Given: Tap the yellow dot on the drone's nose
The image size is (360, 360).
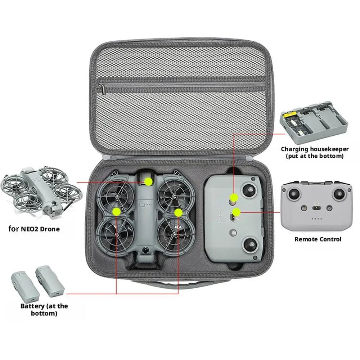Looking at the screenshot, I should coord(148,181).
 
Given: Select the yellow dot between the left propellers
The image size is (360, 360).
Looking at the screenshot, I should coord(116,211).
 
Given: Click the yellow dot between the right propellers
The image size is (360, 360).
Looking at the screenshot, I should coord(178,212).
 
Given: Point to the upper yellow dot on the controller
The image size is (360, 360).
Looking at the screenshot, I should coord(234,197).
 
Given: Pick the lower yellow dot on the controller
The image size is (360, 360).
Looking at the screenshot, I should coord(237,212).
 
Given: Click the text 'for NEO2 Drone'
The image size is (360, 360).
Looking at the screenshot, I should coord(34,229).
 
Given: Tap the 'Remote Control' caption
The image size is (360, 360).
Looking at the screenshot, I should coord(318,239).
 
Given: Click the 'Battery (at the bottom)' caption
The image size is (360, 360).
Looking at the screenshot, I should coord(44,310).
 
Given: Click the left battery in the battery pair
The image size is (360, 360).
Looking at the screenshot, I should coord(23,287).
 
